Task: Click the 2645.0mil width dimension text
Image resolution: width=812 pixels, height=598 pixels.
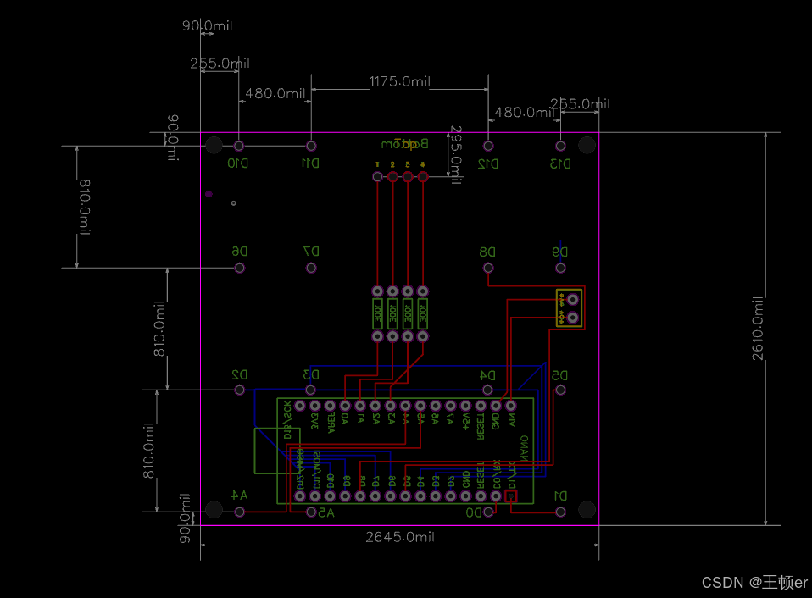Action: [x=399, y=537]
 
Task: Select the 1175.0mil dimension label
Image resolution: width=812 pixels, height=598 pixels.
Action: [x=399, y=81]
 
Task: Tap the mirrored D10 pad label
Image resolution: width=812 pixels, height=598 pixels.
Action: [x=238, y=163]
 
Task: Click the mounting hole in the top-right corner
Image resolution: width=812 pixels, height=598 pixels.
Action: [x=587, y=145]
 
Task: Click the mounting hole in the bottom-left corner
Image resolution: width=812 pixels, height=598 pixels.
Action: [x=214, y=509]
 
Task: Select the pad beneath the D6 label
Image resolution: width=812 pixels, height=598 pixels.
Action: [x=240, y=269]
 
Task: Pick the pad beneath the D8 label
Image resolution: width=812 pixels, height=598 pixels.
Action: [x=488, y=269]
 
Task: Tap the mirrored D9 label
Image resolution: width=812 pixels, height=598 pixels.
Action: [x=559, y=252]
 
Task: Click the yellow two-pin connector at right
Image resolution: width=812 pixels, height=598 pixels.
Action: [x=568, y=307]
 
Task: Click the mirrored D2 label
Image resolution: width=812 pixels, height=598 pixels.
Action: [x=239, y=374]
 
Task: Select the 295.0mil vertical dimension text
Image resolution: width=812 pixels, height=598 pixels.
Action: [x=456, y=152]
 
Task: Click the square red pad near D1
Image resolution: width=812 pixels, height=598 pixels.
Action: [x=510, y=497]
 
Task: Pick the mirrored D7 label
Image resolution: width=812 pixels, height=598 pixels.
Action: [x=311, y=252]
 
